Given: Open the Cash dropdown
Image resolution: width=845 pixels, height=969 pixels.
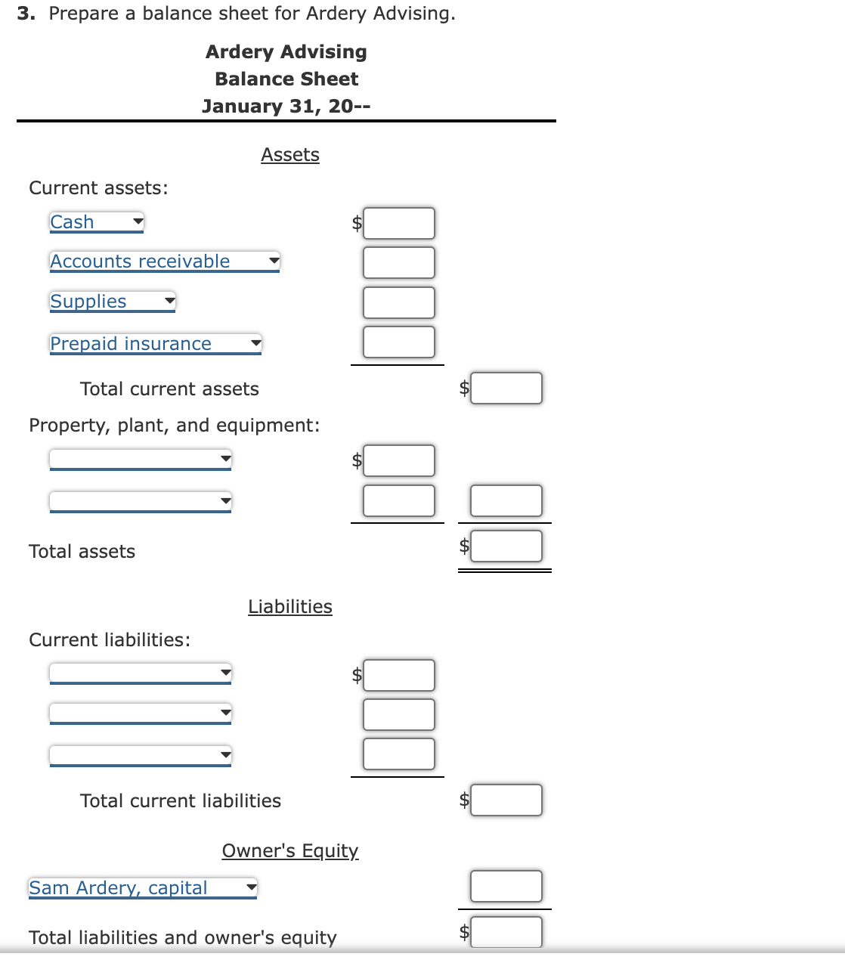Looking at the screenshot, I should tap(97, 222).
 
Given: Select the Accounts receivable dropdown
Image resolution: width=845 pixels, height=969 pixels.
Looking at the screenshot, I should tap(165, 262).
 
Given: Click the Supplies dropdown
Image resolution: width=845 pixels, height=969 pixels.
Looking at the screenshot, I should tap(113, 302).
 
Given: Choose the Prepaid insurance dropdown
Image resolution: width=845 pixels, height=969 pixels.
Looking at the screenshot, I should tap(156, 344).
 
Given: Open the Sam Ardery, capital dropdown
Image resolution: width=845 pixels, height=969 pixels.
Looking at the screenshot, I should tap(143, 888).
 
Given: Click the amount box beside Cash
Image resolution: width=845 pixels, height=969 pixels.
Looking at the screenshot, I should tap(398, 224).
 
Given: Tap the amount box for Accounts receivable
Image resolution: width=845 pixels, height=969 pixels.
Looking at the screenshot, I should tap(398, 263).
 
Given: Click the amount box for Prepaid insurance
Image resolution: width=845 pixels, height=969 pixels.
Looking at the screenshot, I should tap(398, 342).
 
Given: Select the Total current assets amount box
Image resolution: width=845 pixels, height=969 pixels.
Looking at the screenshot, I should tap(506, 389).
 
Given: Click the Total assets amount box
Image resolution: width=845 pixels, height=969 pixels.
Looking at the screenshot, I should tap(506, 546).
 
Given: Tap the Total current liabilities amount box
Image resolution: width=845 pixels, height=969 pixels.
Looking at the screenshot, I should tap(506, 800).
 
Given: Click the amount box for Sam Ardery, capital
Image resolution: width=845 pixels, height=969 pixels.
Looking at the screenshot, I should tap(506, 887).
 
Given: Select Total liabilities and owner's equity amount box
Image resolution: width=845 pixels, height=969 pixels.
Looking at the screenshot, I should tap(506, 932).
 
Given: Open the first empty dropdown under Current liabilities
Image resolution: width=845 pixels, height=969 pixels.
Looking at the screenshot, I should tap(141, 673).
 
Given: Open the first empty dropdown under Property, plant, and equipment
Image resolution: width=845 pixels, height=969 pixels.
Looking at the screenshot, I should tap(141, 459).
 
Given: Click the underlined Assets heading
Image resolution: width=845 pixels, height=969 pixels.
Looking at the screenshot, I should tap(290, 155).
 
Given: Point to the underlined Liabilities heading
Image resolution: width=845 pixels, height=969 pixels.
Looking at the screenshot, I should tap(290, 607).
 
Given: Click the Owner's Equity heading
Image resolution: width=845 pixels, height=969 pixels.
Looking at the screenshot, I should tap(290, 851).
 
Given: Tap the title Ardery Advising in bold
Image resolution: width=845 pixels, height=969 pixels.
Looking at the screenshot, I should tap(286, 52).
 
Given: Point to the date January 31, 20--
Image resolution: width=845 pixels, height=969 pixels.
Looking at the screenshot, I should tap(286, 107).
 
